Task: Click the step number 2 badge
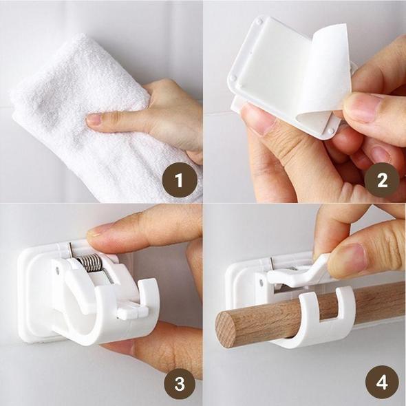pos(383,181)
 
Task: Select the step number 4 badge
pos(383,383)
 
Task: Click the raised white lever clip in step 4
pos(296,272)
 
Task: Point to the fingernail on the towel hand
pos(94,120)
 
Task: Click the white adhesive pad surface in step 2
pos(275,76)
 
